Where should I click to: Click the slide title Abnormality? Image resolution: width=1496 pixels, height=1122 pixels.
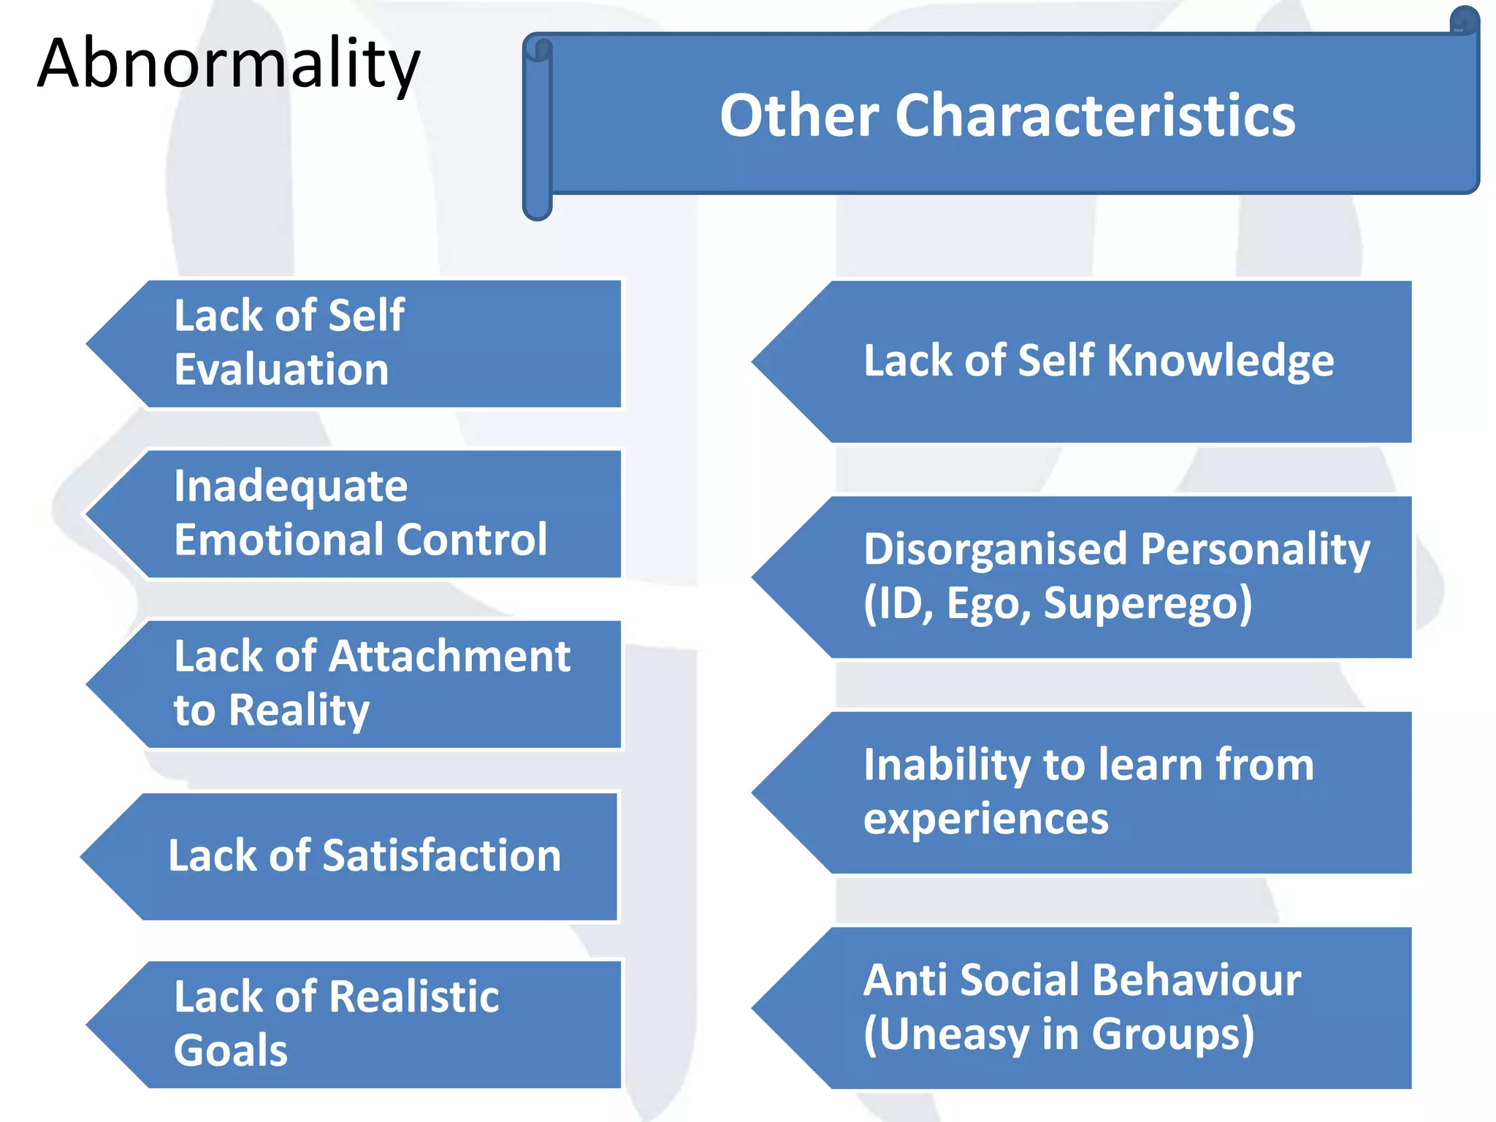coord(228,64)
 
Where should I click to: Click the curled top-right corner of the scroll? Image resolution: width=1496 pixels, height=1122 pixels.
coord(1464,20)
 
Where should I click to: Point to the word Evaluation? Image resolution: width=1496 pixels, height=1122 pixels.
coord(281,370)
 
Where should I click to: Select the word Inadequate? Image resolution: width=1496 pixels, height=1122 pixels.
coord(291,486)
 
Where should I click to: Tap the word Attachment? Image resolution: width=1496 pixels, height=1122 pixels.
coord(449,656)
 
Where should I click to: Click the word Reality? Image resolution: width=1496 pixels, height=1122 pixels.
coord(299,711)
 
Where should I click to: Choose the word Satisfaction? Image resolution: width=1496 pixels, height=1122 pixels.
coord(441,855)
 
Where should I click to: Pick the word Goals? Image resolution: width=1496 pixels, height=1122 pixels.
coord(231,1050)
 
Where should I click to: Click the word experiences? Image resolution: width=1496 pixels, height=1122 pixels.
coord(986,819)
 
